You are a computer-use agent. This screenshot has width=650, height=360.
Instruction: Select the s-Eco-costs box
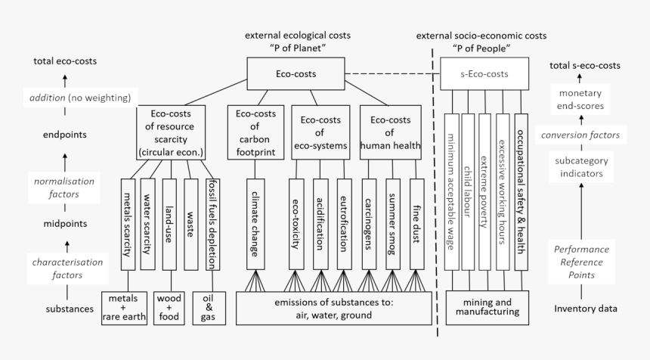tap(484, 74)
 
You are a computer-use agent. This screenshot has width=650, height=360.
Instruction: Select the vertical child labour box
tap(468, 191)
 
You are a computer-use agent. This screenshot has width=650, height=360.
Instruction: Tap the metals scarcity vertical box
tap(127, 223)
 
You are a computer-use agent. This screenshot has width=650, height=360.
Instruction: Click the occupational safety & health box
tap(521, 191)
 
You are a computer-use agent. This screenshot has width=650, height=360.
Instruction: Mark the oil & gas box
tap(208, 308)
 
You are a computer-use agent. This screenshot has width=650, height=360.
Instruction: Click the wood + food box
tap(168, 308)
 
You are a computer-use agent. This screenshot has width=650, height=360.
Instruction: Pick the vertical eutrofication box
tap(344, 223)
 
